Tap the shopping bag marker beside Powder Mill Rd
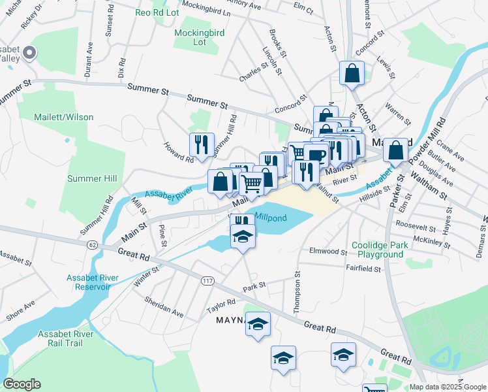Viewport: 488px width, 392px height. (396, 151)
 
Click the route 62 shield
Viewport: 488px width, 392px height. (90, 244)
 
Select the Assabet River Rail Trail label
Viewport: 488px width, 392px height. (66, 339)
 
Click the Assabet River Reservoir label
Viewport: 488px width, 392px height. (93, 282)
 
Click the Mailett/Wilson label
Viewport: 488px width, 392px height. (64, 117)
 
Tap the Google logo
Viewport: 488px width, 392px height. (22, 384)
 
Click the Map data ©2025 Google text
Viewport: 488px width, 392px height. (448, 387)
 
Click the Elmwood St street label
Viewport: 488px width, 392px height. (329, 251)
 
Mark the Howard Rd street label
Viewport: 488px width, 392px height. (178, 153)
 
